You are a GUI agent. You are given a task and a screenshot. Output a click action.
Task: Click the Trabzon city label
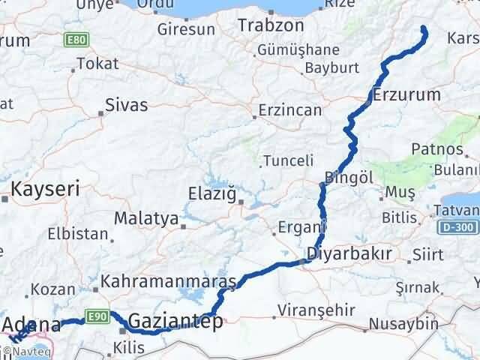(271, 25)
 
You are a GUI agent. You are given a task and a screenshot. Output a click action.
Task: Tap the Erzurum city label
(406, 95)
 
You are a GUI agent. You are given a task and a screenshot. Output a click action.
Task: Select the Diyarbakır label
(349, 253)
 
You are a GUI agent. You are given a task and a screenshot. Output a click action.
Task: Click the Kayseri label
(43, 190)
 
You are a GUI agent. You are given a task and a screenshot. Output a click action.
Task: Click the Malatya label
(146, 219)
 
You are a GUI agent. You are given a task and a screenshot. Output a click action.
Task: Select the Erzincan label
(289, 110)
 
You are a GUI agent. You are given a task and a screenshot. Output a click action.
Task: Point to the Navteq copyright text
(29, 350)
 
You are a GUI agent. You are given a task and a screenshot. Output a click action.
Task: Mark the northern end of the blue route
(424, 29)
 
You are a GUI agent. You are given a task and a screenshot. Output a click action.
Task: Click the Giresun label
(185, 31)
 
